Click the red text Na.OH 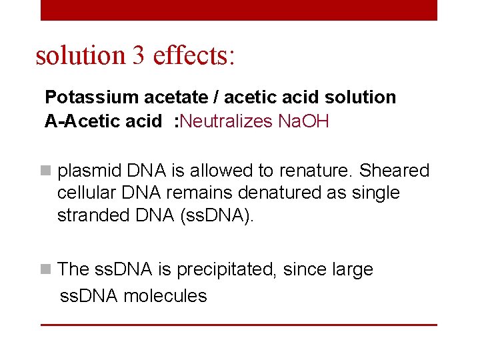click(x=303, y=121)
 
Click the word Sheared click(x=395, y=171)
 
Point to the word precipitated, click(x=221, y=270)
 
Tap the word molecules click(x=166, y=296)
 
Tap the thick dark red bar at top click(x=239, y=9)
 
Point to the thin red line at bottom click(x=239, y=325)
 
